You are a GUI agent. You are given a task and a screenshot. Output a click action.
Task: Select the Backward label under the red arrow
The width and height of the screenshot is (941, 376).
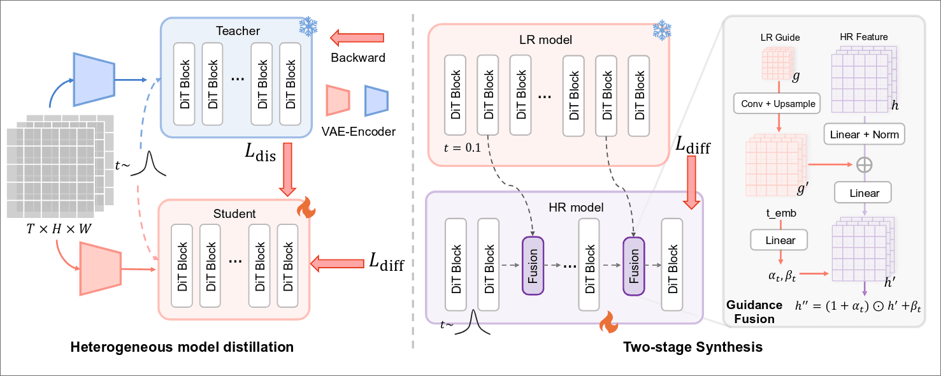click(358, 57)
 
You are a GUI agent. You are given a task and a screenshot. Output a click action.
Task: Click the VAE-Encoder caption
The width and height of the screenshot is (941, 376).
click(358, 132)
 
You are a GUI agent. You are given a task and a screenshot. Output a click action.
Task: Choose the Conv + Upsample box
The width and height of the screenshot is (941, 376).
click(779, 103)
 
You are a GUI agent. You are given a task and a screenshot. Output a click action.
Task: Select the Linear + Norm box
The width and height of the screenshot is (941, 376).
click(865, 134)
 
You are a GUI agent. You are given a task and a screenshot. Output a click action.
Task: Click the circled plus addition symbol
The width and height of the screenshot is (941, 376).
click(865, 164)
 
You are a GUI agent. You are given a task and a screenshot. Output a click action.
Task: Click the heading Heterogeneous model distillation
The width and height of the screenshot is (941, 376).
click(182, 347)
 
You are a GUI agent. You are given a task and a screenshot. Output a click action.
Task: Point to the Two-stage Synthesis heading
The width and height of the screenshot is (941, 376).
click(693, 347)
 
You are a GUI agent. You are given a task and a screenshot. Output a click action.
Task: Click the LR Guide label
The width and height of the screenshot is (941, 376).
click(780, 38)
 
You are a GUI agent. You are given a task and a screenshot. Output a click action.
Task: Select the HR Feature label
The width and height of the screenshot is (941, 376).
click(863, 38)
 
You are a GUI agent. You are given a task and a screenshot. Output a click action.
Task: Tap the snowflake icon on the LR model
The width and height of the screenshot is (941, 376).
click(662, 31)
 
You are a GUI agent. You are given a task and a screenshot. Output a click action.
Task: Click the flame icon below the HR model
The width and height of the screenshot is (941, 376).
click(609, 324)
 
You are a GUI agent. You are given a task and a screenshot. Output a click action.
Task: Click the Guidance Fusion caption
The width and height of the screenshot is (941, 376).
click(754, 312)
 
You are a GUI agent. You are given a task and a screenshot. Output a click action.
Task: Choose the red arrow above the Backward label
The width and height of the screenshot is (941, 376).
click(358, 39)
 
